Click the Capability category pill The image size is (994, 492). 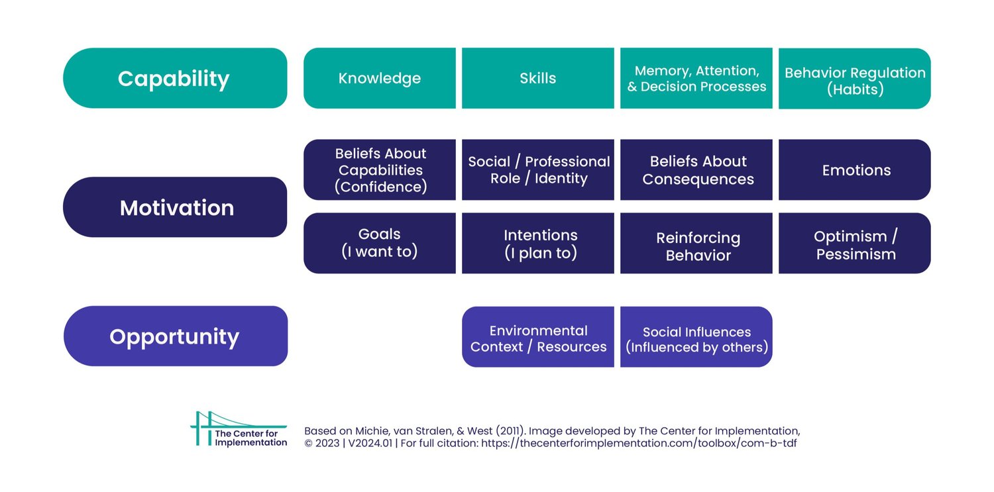[175, 78]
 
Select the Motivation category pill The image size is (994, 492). [175, 207]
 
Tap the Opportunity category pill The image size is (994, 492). [175, 336]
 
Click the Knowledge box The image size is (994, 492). [380, 78]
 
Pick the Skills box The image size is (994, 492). [538, 78]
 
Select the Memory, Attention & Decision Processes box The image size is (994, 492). [696, 78]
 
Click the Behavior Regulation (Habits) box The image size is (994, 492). [855, 78]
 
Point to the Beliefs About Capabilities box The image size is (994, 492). [380, 170]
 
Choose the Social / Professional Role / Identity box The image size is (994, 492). [538, 170]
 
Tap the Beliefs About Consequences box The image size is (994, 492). [696, 170]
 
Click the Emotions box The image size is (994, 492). [855, 170]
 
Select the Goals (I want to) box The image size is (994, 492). [380, 243]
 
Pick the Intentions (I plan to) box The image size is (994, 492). [538, 243]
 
